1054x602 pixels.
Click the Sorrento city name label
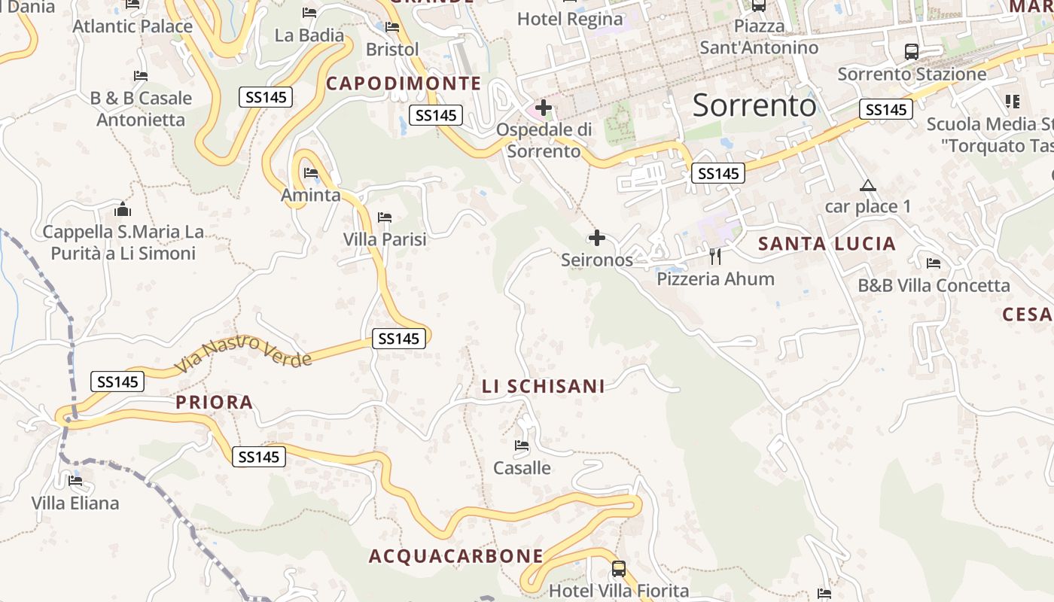tap(754, 105)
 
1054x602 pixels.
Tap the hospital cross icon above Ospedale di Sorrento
tap(544, 108)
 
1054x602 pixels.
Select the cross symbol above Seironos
tap(596, 239)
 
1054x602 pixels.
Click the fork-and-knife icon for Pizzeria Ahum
tap(715, 257)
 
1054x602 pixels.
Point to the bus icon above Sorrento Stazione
tap(911, 52)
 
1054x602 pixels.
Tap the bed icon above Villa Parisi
tap(385, 217)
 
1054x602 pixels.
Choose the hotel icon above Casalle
tap(521, 445)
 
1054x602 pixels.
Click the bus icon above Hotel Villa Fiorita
tap(618, 569)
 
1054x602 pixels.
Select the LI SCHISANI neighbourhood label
tap(543, 387)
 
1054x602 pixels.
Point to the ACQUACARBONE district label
tap(455, 556)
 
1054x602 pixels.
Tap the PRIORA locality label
tap(215, 403)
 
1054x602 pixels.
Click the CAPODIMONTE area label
tap(404, 84)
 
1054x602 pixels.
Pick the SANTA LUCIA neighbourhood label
tap(827, 244)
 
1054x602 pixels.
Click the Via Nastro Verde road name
tap(243, 354)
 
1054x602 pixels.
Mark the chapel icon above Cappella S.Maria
tap(122, 209)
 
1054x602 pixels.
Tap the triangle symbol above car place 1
tap(868, 186)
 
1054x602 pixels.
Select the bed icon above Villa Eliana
tap(75, 480)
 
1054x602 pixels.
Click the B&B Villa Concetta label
tap(934, 286)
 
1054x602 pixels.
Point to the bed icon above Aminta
tap(311, 173)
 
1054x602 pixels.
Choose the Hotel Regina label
tap(570, 19)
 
